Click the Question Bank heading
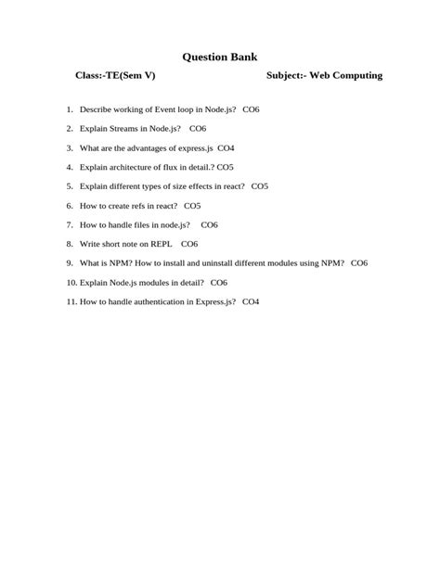click(x=220, y=57)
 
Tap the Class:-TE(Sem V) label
click(x=114, y=76)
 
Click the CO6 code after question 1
click(x=251, y=109)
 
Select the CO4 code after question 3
click(x=226, y=147)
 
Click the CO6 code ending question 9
click(x=359, y=263)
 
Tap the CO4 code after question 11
click(x=251, y=301)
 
